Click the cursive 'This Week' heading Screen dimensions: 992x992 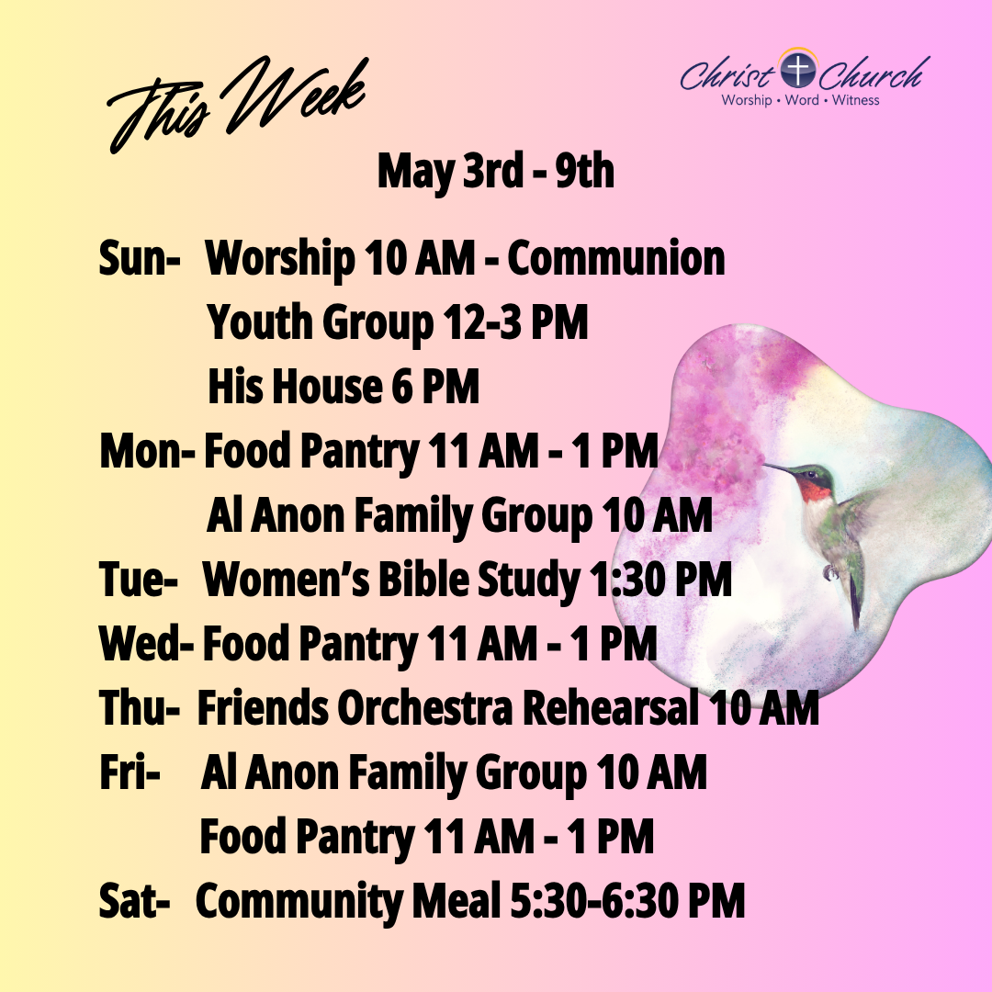pyautogui.click(x=237, y=105)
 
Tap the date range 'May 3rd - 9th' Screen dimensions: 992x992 pyautogui.click(x=495, y=172)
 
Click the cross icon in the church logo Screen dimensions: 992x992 pyautogui.click(x=798, y=70)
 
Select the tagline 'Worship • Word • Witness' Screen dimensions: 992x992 pyautogui.click(x=800, y=100)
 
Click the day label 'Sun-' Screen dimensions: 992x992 pyautogui.click(x=140, y=258)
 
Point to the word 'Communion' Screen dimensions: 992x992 pyautogui.click(x=615, y=258)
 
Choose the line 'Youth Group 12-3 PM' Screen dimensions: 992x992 pyautogui.click(x=398, y=323)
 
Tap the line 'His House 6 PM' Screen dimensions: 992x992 pyautogui.click(x=344, y=387)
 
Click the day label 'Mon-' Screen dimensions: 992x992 pyautogui.click(x=147, y=451)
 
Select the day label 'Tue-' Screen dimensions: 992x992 pyautogui.click(x=138, y=580)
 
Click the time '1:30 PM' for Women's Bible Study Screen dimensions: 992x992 pyautogui.click(x=659, y=580)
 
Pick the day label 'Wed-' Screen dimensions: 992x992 pyautogui.click(x=146, y=643)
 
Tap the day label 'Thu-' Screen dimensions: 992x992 pyautogui.click(x=140, y=707)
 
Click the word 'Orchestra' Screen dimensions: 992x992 pyautogui.click(x=424, y=707)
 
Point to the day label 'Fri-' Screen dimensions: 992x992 pyautogui.click(x=130, y=772)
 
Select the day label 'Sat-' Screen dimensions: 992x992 pyautogui.click(x=134, y=901)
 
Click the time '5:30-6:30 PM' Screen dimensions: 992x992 pyautogui.click(x=627, y=901)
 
